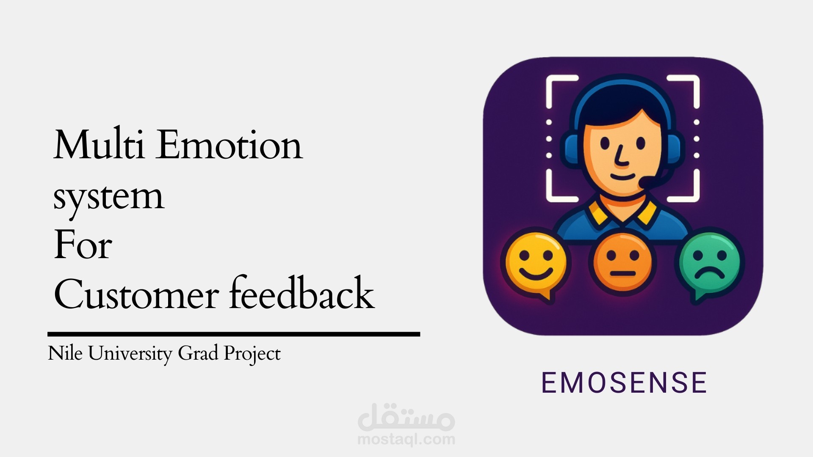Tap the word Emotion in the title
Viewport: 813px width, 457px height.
229,145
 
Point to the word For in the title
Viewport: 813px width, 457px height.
83,245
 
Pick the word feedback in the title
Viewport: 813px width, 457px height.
301,293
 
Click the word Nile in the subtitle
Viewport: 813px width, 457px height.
65,353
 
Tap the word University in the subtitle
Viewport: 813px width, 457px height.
130,354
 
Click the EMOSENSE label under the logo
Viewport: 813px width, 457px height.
624,383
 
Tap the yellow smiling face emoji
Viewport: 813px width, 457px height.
536,263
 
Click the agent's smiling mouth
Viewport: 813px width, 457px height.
622,176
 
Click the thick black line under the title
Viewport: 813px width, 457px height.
234,334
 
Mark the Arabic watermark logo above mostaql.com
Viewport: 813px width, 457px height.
406,417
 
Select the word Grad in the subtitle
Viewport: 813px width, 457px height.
198,353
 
